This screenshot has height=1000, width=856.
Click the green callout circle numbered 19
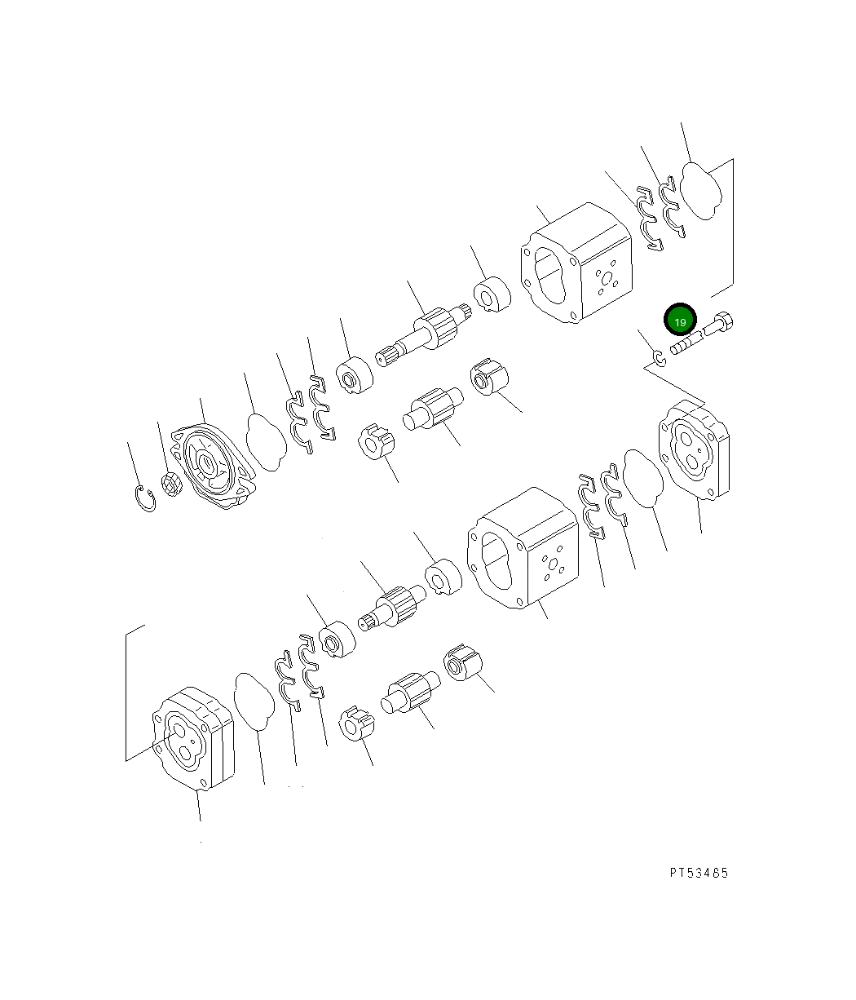pyautogui.click(x=680, y=320)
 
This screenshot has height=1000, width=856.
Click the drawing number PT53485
pyautogui.click(x=699, y=873)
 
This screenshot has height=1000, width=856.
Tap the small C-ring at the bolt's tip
pyautogui.click(x=660, y=356)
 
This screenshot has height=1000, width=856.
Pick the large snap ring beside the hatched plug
pyautogui.click(x=145, y=498)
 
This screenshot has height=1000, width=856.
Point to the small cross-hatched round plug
pyautogui.click(x=171, y=484)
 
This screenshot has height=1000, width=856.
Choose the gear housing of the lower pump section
pyautogui.click(x=523, y=548)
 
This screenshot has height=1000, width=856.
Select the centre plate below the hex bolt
pyautogui.click(x=695, y=450)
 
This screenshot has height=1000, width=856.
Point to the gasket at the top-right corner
pyautogui.click(x=702, y=191)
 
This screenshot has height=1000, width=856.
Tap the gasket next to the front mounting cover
pyautogui.click(x=267, y=442)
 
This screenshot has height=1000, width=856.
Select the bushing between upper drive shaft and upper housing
pyautogui.click(x=492, y=295)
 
